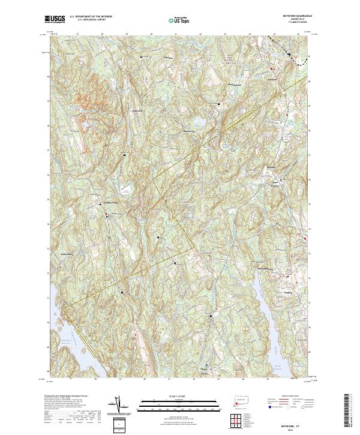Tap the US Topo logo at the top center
click(x=179, y=19)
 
